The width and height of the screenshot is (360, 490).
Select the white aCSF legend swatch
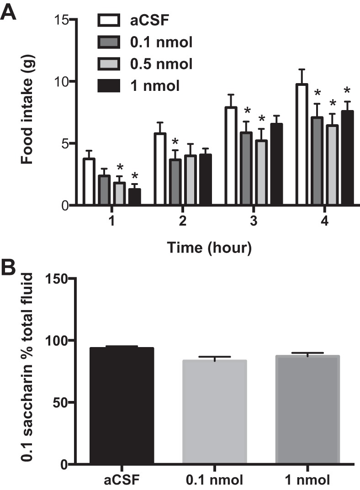[x=109, y=20]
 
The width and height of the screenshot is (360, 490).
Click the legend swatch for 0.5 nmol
[x=109, y=64]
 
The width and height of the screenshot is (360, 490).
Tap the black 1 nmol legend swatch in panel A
[x=109, y=86]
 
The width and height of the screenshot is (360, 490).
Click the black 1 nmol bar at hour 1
[x=135, y=197]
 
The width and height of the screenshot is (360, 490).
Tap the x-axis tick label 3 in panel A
[x=254, y=222]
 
